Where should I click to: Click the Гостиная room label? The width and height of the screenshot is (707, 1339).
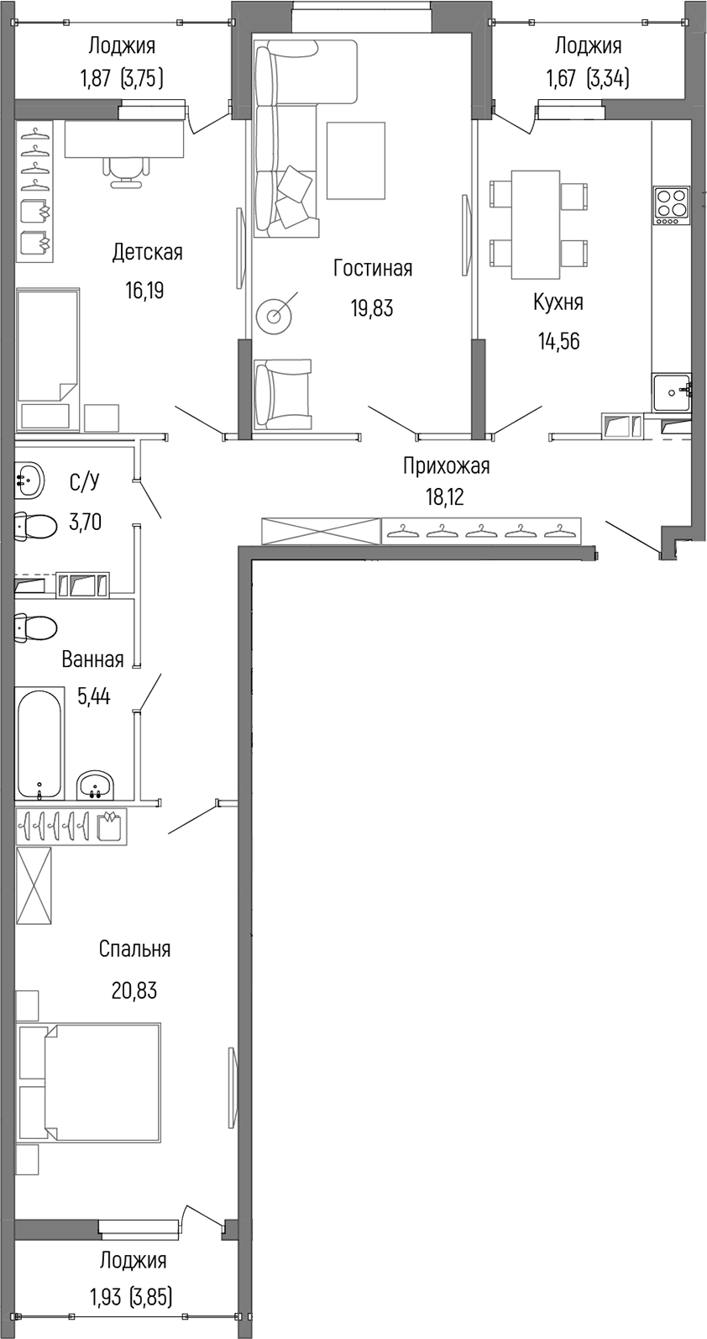(372, 268)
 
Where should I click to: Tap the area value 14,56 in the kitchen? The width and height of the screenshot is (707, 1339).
(558, 341)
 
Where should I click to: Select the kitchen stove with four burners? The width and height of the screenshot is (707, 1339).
(672, 205)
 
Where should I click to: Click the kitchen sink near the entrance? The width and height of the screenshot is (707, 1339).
(671, 391)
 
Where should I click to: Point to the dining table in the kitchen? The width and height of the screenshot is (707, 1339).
(536, 224)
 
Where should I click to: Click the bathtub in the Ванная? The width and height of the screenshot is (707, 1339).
(39, 743)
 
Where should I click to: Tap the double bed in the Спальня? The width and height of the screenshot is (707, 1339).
(89, 1082)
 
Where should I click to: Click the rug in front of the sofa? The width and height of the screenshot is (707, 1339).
(355, 160)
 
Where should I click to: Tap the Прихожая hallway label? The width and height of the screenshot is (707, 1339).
(446, 465)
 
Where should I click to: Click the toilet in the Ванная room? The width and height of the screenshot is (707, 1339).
(35, 627)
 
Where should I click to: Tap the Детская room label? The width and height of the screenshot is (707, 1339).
(147, 252)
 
